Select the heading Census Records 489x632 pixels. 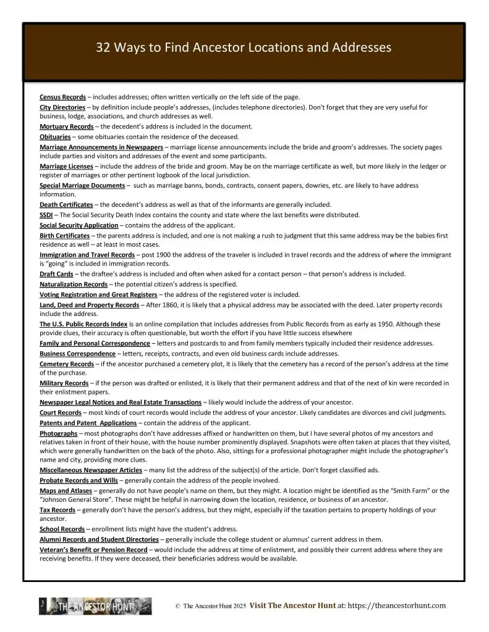coord(62,97)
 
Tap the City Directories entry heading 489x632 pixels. coord(62,107)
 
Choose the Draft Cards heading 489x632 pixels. coord(59,273)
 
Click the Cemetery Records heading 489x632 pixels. coord(66,364)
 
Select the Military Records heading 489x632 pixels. coord(64,383)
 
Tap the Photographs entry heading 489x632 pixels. coord(58,433)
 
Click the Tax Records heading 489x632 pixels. coord(57,510)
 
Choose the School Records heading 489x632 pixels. coord(62,529)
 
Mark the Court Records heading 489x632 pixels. coord(60,412)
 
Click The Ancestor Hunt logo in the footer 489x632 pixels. coord(95,607)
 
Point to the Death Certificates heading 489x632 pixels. coord(66,204)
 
